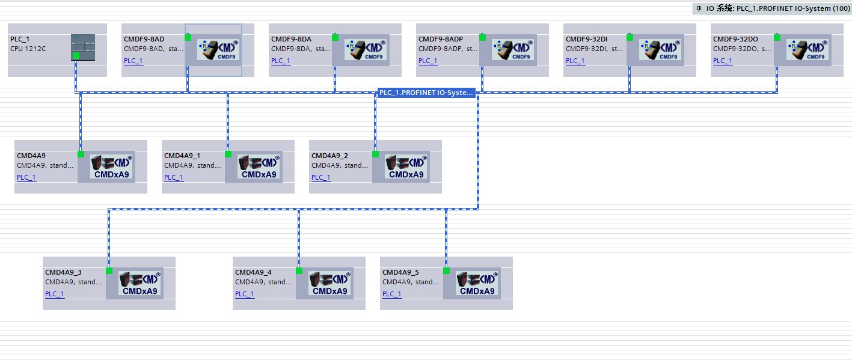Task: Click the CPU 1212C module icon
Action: (83, 47)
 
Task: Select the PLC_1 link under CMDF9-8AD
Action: (133, 61)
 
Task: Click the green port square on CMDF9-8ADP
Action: (482, 37)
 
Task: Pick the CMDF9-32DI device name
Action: (586, 39)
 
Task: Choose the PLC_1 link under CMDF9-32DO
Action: (723, 61)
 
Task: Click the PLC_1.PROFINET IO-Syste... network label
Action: (426, 93)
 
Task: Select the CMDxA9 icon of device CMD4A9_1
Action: (259, 167)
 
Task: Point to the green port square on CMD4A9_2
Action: (375, 154)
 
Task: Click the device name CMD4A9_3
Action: (63, 272)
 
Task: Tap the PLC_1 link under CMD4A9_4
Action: (245, 294)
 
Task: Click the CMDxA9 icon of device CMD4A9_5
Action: (477, 284)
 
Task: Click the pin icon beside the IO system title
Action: (699, 8)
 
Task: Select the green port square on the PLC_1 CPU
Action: (76, 56)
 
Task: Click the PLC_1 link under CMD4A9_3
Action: (55, 294)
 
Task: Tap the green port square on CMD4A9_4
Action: (299, 271)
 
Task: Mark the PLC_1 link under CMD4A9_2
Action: (321, 177)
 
